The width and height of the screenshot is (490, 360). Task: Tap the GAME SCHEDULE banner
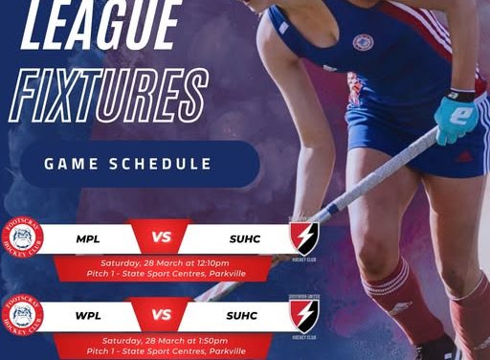click(127, 164)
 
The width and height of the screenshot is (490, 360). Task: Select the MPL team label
click(91, 236)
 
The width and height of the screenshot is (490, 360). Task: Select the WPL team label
click(91, 314)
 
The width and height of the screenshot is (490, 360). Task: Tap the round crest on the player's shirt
click(364, 43)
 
